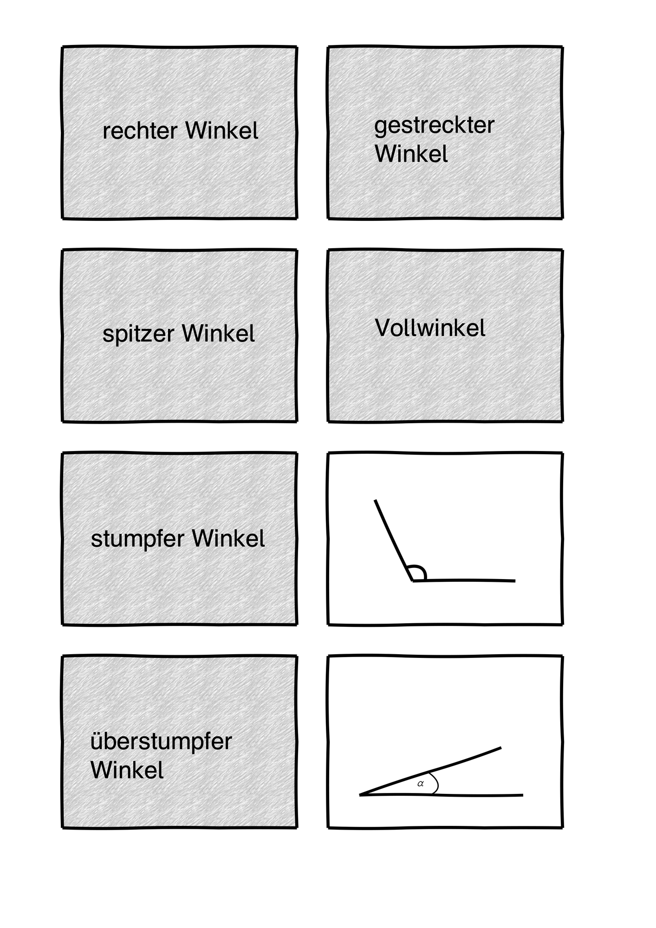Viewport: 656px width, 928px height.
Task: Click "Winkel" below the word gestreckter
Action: pyautogui.click(x=411, y=154)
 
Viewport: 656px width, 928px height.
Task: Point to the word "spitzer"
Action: pyautogui.click(x=138, y=335)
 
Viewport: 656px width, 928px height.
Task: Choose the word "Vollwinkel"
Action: pyautogui.click(x=430, y=328)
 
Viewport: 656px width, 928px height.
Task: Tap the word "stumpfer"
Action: pyautogui.click(x=138, y=539)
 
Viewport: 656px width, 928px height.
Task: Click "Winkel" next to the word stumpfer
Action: pyautogui.click(x=228, y=538)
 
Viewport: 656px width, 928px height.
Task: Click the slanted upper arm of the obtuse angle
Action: pyautogui.click(x=394, y=540)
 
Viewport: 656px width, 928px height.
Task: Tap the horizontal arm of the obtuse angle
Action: pyautogui.click(x=464, y=580)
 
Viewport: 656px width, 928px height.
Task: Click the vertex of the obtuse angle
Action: pyautogui.click(x=413, y=580)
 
